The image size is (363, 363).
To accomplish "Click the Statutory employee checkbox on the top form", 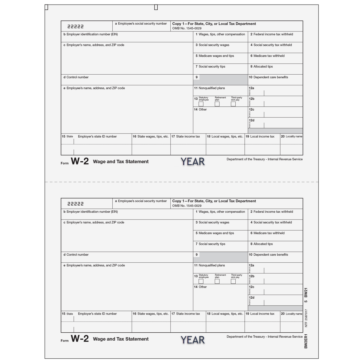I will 201,104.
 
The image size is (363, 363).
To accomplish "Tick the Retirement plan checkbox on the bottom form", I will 217,281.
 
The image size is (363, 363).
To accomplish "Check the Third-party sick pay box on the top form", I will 233,104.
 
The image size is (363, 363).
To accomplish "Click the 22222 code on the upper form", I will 75,27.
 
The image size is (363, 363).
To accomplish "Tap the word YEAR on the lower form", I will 193,339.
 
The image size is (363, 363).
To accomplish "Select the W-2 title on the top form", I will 80,161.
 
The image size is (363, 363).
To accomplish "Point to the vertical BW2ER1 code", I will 306,341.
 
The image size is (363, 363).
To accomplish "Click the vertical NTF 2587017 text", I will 306,318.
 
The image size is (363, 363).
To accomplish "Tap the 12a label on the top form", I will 252,88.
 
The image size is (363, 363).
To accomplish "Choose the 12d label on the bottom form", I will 252,298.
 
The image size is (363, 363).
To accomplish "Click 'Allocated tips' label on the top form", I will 263,67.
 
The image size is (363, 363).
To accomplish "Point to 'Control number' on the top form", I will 77,77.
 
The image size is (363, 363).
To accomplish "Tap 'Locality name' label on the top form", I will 294,136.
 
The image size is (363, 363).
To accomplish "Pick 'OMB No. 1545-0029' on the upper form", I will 187,28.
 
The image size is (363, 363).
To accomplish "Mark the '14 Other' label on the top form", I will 201,109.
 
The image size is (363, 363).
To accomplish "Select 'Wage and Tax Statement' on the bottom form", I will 121,339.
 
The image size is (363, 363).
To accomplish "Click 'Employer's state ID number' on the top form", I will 97,136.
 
